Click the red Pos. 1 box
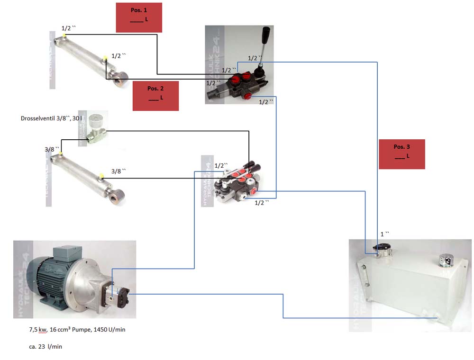pos(139,18)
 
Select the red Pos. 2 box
pos(155,96)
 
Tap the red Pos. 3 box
pos(401,154)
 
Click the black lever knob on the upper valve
pos(266,36)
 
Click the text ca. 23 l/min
pos(46,347)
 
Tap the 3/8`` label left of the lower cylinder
pos(52,149)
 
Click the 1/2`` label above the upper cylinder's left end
pos(68,28)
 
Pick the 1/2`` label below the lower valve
pos(262,202)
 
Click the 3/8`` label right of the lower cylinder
pos(118,171)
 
